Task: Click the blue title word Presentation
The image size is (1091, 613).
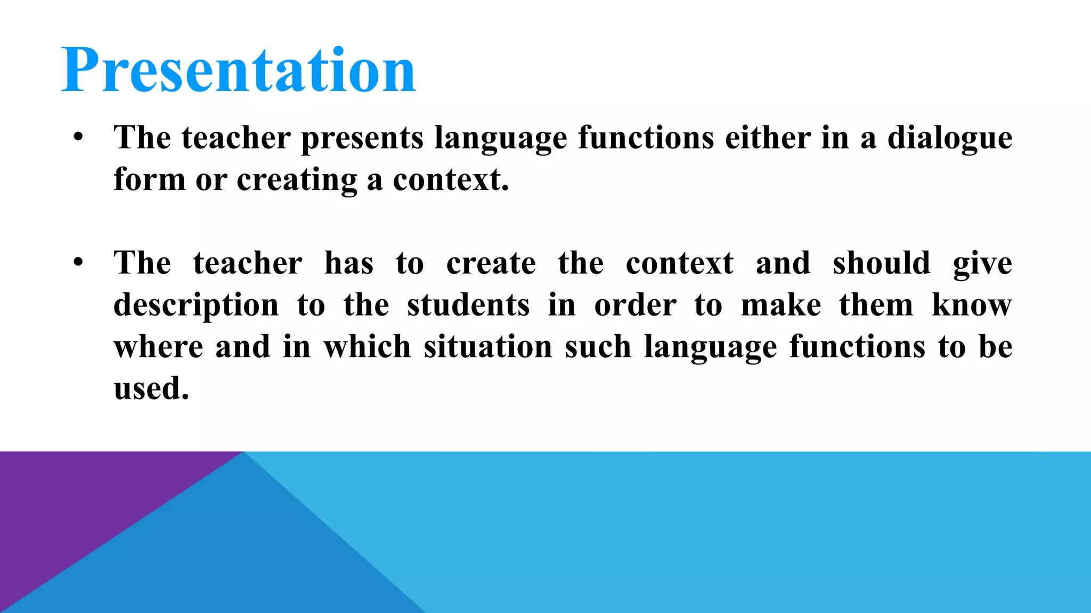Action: tap(238, 70)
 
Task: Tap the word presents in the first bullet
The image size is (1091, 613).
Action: tap(362, 138)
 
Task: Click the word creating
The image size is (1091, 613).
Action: tap(297, 180)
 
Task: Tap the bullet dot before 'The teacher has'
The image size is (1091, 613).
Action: tap(79, 263)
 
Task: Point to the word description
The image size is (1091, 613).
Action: tap(196, 305)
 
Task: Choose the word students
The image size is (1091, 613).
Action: tap(468, 305)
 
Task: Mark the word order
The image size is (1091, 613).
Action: tap(635, 305)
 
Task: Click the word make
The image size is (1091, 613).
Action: tap(781, 305)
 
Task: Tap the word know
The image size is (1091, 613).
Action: tap(972, 305)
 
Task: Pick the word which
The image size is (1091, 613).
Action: tap(367, 347)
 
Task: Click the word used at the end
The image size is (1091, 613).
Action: tap(151, 388)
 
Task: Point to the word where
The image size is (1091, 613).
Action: tap(158, 347)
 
